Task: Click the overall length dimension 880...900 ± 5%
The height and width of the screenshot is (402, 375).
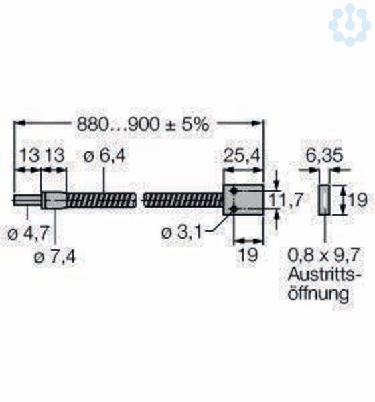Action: coord(143,125)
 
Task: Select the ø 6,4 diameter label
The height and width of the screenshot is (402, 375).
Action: coord(104,155)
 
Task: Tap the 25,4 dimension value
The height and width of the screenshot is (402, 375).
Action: coord(242,155)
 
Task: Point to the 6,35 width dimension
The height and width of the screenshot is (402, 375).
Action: coord(324,155)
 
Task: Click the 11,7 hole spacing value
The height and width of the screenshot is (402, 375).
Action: coord(286,200)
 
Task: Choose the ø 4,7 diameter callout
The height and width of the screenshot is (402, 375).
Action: coord(28,234)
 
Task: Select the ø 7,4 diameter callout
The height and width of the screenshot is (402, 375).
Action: coord(55,257)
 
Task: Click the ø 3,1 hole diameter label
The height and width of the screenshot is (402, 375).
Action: coord(181,232)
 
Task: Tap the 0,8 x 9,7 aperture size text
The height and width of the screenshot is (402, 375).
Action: coord(323,255)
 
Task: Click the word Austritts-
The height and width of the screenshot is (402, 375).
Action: coord(324,274)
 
